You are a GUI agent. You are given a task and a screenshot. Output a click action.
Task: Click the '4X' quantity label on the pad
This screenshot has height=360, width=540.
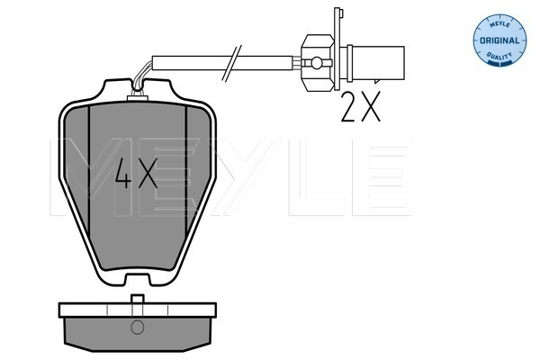(x=138, y=171)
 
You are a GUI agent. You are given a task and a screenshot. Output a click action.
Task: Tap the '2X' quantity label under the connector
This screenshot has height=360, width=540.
(x=362, y=108)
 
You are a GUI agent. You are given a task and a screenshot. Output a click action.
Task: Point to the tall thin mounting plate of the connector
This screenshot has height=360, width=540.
(x=337, y=45)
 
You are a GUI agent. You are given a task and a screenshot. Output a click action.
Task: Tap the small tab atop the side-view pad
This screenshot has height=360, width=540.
(x=138, y=299)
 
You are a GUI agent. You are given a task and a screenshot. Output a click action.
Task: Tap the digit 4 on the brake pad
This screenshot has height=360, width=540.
(x=124, y=171)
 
